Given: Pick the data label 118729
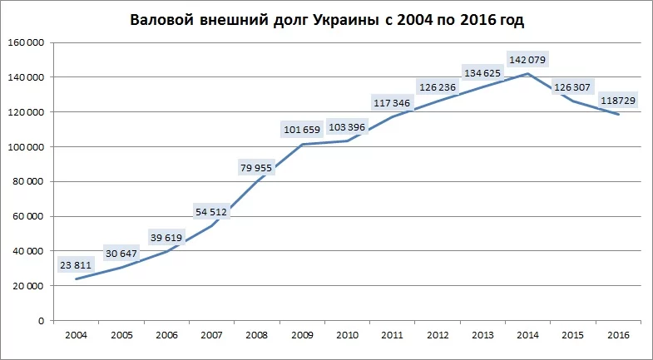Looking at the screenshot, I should coord(616,100).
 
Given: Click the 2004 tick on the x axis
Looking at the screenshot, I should coord(75,334).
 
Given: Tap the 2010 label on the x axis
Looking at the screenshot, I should coord(347,334).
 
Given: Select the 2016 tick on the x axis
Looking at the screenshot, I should coord(618,334).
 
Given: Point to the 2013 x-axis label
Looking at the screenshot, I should coord(482,334).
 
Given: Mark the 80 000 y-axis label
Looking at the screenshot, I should coord(27,181).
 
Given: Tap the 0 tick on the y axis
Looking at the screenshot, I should coord(41,320).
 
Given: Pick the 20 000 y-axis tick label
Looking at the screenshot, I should coord(27,286).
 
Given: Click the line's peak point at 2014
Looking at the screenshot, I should coord(527,74).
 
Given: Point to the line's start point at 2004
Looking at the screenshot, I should coord(76,279).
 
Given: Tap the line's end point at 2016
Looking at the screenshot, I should coord(618,115).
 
